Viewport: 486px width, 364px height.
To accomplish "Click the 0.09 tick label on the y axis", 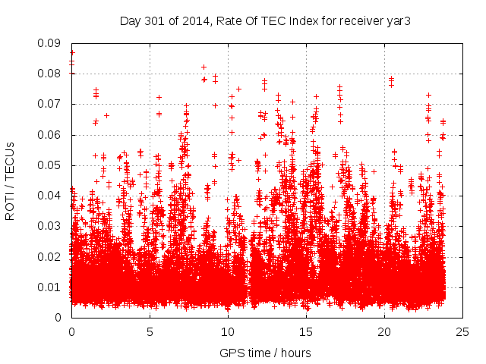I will click(51, 43).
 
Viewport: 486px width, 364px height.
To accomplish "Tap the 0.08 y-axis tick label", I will click(51, 74).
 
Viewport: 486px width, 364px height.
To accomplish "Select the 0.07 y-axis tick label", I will click(51, 104).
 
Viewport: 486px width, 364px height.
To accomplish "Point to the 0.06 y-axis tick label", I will click(51, 135).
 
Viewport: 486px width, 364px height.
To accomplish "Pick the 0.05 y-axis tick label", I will click(51, 165).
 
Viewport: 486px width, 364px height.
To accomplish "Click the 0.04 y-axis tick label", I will click(51, 196).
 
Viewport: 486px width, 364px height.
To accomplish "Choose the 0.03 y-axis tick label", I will click(51, 226).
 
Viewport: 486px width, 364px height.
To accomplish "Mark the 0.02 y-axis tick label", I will click(51, 256).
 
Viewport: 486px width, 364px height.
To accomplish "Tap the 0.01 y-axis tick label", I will click(51, 287).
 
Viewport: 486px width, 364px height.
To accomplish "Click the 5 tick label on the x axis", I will click(150, 332).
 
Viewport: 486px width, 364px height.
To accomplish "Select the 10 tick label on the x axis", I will click(228, 332).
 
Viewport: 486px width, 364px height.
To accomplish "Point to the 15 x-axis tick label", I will click(306, 332).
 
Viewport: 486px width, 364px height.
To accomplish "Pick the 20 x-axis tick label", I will click(384, 332).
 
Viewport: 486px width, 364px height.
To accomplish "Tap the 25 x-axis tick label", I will click(462, 332).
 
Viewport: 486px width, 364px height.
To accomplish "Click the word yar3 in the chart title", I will click(399, 20).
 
